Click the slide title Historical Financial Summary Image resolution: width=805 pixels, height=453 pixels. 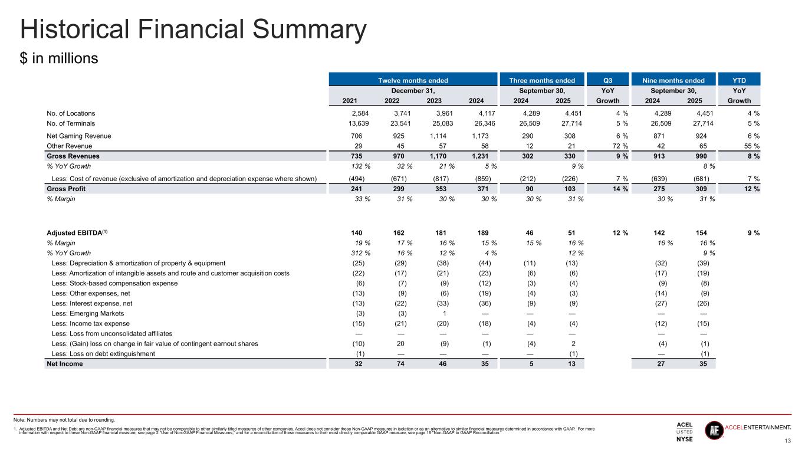click(193, 29)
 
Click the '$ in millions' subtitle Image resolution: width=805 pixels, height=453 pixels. click(58, 59)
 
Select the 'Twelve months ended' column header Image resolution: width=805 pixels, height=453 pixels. click(413, 80)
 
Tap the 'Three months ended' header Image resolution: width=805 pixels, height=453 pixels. click(546, 80)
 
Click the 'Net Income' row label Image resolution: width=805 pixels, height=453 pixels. click(65, 363)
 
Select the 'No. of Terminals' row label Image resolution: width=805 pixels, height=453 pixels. click(71, 123)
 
